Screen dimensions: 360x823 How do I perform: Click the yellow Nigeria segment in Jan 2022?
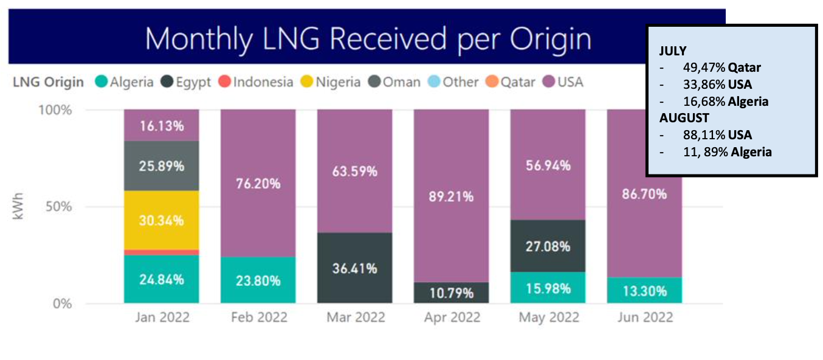point(161,220)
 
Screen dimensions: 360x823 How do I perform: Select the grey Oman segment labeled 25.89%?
point(161,165)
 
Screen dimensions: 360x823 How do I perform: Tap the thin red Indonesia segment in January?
point(161,252)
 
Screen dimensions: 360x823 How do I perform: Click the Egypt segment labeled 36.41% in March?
point(354,268)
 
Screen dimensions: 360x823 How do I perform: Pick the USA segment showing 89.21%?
point(451,196)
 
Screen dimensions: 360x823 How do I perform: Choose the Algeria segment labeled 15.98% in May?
point(548,288)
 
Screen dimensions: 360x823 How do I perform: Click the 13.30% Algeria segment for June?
point(644,290)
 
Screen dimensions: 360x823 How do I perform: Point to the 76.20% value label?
point(258,183)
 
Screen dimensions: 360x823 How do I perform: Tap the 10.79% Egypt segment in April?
point(451,292)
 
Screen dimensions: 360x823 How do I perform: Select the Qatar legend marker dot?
point(492,81)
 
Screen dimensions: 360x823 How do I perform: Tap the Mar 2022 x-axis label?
point(354,317)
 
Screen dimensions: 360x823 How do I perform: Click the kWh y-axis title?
point(18,207)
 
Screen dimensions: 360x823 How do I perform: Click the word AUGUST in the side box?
point(684,117)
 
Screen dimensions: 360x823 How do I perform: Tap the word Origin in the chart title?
point(548,39)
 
